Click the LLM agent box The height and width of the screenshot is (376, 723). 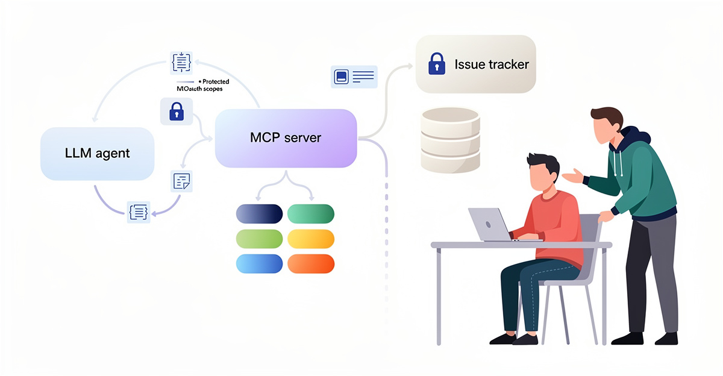click(x=97, y=153)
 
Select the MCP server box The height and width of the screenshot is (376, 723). click(x=286, y=138)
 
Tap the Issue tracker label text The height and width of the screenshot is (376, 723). click(x=492, y=64)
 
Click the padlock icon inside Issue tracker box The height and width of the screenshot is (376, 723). click(x=436, y=64)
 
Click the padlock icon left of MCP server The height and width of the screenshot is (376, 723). click(x=176, y=111)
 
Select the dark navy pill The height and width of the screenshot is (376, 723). click(x=259, y=213)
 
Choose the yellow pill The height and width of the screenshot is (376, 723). click(x=310, y=239)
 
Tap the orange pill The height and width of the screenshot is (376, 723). click(x=310, y=264)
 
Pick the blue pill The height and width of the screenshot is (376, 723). click(x=259, y=264)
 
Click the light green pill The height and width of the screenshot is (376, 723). click(x=259, y=239)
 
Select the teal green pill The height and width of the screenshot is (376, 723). click(x=310, y=213)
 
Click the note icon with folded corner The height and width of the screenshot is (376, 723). click(x=181, y=181)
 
